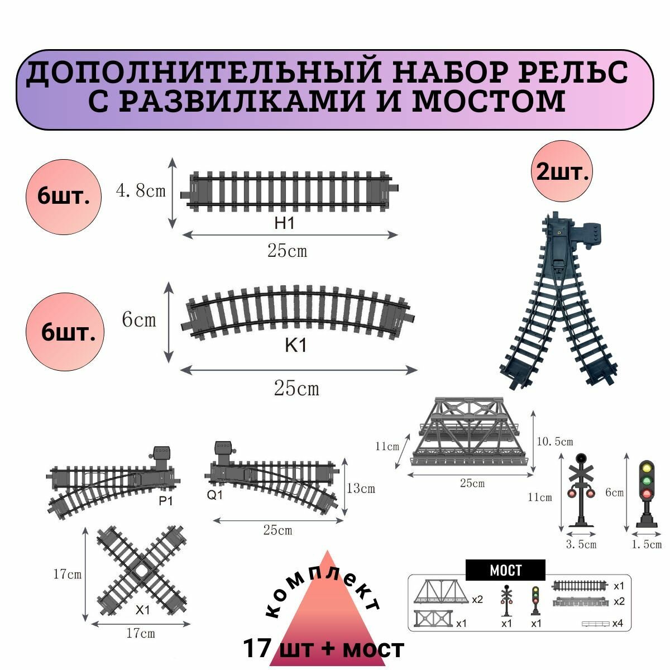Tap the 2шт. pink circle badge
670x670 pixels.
click(x=562, y=171)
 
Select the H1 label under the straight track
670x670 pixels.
click(x=284, y=223)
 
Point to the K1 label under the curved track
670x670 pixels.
click(x=295, y=346)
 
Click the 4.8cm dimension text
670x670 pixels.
click(x=141, y=192)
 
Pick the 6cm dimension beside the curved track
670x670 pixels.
click(x=139, y=320)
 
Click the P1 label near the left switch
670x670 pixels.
click(x=166, y=501)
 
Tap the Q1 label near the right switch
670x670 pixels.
click(x=214, y=495)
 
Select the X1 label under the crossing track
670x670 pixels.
click(x=143, y=610)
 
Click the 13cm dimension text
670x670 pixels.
click(x=361, y=489)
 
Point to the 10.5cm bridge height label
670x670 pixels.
click(x=554, y=442)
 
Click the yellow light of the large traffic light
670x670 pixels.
click(x=647, y=468)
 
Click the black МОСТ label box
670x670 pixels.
click(x=505, y=570)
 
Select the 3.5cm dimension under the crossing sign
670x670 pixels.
click(x=581, y=544)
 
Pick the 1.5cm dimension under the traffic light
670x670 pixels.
click(x=646, y=544)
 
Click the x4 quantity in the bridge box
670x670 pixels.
click(x=617, y=623)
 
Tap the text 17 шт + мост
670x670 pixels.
click(x=323, y=649)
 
